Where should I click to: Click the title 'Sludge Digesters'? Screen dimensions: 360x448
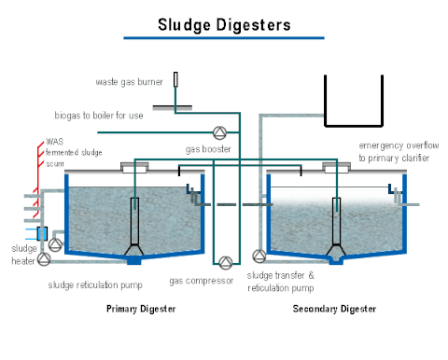click(x=223, y=22)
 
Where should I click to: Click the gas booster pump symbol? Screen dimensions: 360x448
click(x=219, y=131)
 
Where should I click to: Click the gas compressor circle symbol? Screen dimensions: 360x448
click(x=224, y=260)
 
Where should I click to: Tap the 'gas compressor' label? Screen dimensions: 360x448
click(x=201, y=281)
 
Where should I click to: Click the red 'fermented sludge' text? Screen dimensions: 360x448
click(x=74, y=152)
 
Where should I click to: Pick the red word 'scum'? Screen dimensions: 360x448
click(x=55, y=162)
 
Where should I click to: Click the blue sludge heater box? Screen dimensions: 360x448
click(x=42, y=232)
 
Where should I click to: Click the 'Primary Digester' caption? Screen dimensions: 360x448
click(x=140, y=309)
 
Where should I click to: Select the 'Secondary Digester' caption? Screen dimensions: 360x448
click(x=334, y=309)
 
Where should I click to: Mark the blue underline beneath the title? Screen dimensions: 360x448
click(x=223, y=38)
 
